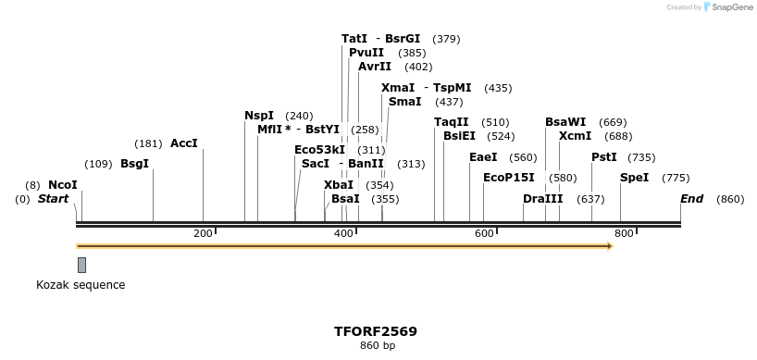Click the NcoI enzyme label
[x=63, y=185]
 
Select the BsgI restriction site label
[x=134, y=164]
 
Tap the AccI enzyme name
[x=184, y=143]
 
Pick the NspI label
[x=259, y=116]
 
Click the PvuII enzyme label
[x=366, y=53]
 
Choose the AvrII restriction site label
[x=375, y=67]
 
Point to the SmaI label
[x=405, y=102]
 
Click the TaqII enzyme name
[x=452, y=122]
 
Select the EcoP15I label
[x=508, y=178]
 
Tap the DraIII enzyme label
[x=542, y=199]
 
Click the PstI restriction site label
[x=604, y=157]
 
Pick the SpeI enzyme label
[x=634, y=178]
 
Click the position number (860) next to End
[x=730, y=199]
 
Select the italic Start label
[x=53, y=199]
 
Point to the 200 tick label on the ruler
[x=203, y=233]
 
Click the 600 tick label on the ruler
[x=484, y=233]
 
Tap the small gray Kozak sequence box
[x=81, y=265]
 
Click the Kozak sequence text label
[x=81, y=285]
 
